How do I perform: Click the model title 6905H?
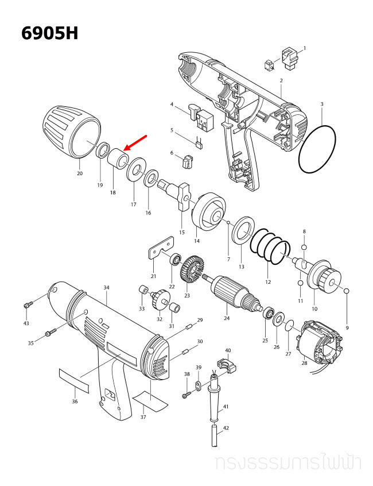point(49,33)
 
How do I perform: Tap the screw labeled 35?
point(50,331)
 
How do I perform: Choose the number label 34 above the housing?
point(106,287)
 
